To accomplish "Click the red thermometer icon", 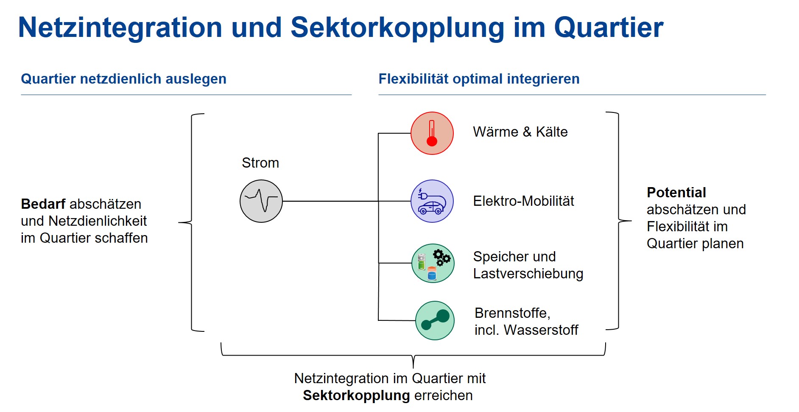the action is point(432,133).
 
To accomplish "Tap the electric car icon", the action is point(432,201).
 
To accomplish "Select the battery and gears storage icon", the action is point(433,263).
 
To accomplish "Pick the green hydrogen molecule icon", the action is point(435,320).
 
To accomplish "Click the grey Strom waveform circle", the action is point(261,201).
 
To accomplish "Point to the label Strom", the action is point(260,163).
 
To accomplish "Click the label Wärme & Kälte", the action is point(520,132).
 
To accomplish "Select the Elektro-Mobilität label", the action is point(523,201).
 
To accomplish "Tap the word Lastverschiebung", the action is point(528,274).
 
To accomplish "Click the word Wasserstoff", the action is point(541,330).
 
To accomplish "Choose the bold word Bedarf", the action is point(43,204).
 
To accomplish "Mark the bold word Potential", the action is point(676,193).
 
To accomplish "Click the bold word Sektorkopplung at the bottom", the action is point(356,395).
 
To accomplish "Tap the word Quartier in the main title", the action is point(609,28).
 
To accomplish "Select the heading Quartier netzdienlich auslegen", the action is point(123,79).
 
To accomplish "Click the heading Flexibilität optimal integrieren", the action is point(479,79).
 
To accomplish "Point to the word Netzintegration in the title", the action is point(120,28).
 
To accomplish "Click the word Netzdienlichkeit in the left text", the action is point(98,221).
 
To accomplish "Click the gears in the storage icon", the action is point(441,257).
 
